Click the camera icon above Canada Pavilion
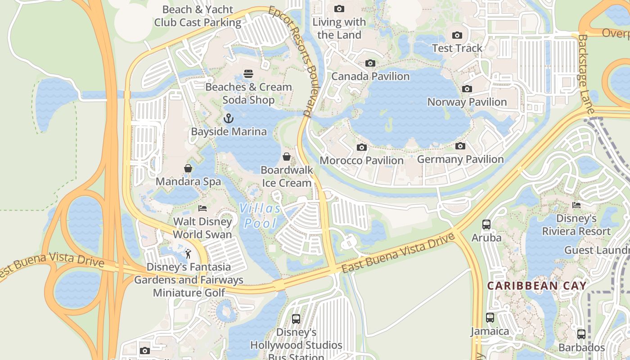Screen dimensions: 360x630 pyautogui.click(x=370, y=63)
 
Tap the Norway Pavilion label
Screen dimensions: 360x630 pyautogui.click(x=467, y=102)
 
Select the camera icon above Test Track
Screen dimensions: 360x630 pyautogui.click(x=457, y=36)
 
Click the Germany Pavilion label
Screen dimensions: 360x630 pyautogui.click(x=460, y=159)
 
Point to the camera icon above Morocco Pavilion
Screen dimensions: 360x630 pyautogui.click(x=361, y=148)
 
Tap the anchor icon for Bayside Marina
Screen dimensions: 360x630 pyautogui.click(x=229, y=119)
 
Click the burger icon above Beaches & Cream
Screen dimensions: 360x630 pyautogui.click(x=248, y=74)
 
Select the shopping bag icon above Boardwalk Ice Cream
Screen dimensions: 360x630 pyautogui.click(x=287, y=157)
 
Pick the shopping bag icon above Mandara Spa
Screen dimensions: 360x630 pyautogui.click(x=188, y=168)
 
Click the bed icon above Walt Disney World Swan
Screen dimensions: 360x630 pyautogui.click(x=202, y=208)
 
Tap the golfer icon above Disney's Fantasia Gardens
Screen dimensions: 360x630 pyautogui.click(x=189, y=254)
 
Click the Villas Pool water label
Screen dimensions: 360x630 pyautogui.click(x=260, y=216)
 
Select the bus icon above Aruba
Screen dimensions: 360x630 pyautogui.click(x=486, y=225)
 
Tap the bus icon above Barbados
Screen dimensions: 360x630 pyautogui.click(x=581, y=334)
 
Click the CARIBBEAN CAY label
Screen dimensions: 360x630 pyautogui.click(x=537, y=286)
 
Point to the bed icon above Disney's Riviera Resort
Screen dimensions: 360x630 pyautogui.click(x=576, y=205)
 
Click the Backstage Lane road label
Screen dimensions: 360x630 pyautogui.click(x=586, y=74)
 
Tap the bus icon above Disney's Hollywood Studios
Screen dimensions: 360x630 pyautogui.click(x=296, y=319)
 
